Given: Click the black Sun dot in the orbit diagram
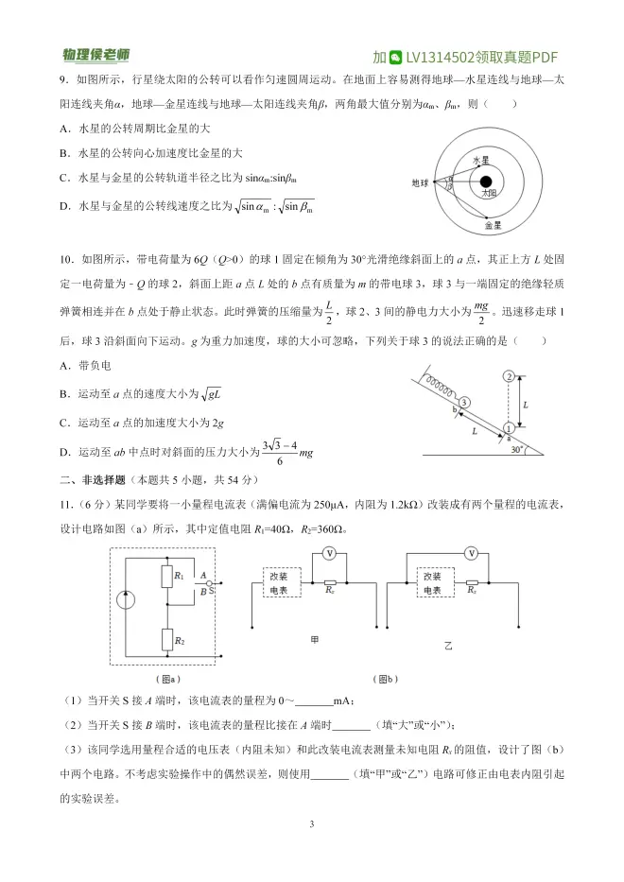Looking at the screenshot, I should tap(485, 182).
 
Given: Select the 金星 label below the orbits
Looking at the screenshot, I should tap(493, 226).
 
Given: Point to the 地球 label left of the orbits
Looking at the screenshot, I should tap(420, 182).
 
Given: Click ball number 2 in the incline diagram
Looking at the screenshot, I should tap(509, 376).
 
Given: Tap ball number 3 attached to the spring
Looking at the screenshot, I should tap(464, 404).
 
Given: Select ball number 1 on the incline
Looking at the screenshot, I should tap(509, 427).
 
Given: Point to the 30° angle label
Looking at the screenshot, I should tap(516, 449).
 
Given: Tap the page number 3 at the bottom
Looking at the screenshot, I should tap(311, 824).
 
